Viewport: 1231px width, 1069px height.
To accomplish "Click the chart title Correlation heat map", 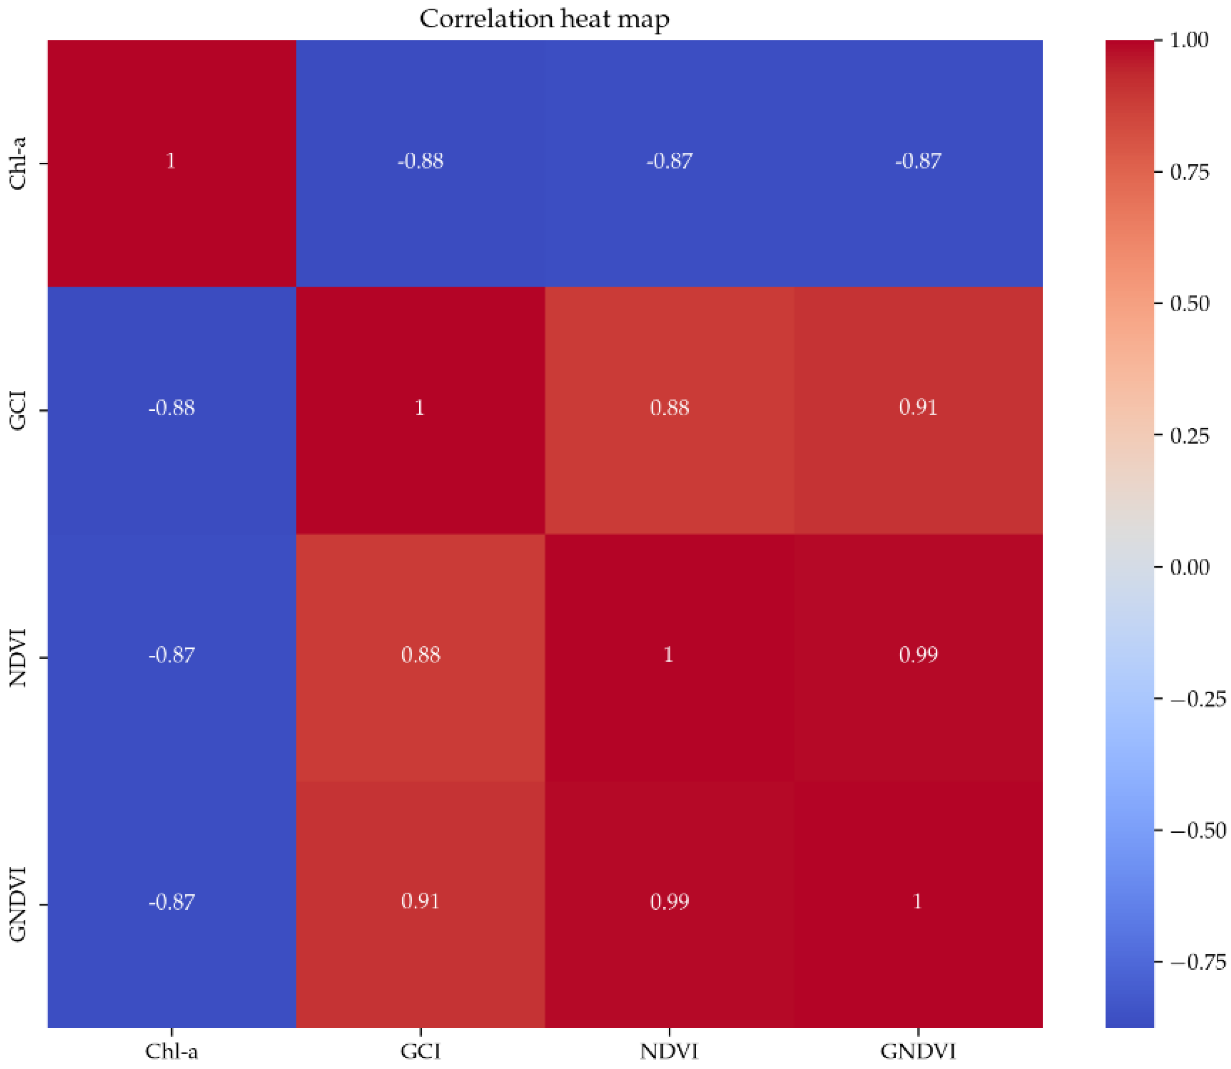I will point(544,19).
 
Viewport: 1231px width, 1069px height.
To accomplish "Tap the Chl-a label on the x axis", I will point(172,1050).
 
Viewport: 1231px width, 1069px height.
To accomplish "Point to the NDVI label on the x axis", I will point(669,1050).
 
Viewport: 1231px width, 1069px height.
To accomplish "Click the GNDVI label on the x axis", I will point(918,1050).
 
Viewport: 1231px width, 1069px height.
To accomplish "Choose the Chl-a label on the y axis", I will point(19,164).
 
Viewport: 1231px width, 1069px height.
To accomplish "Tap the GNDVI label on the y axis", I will point(19,905).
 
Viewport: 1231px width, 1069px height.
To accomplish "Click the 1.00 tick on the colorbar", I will point(1189,40).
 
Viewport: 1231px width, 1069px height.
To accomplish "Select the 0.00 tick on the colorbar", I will point(1189,567).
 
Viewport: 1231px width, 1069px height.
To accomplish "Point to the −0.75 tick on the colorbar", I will point(1197,962).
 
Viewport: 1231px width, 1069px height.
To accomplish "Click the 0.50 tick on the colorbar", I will point(1189,304).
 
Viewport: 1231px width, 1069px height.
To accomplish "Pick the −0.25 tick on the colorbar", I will point(1197,699).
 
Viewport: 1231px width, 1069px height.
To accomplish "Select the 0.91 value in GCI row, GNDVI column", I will point(918,408).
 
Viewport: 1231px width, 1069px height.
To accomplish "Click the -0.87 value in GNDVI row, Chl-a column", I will point(172,901).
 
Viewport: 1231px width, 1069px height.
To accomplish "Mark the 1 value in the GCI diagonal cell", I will point(420,408).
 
